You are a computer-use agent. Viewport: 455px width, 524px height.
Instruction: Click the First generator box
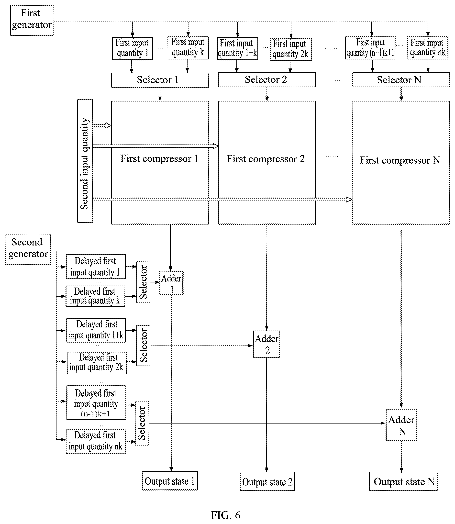[32, 20]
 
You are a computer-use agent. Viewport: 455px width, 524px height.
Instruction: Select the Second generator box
[28, 249]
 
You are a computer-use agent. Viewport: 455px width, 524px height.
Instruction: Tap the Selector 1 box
[160, 80]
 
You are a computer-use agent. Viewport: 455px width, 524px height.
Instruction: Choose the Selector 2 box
[266, 80]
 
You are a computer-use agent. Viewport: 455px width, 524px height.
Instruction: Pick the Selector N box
[401, 80]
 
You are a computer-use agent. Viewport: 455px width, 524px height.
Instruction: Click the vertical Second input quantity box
[85, 161]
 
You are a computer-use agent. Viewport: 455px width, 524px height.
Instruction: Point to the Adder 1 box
[171, 283]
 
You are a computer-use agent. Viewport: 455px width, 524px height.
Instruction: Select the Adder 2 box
[266, 344]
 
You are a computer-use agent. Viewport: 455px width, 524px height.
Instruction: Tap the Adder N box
[401, 425]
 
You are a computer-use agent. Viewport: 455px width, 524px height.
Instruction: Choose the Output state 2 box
[267, 481]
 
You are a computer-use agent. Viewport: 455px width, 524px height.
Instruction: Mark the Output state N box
[403, 481]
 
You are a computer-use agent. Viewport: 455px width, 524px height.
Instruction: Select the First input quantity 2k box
[291, 49]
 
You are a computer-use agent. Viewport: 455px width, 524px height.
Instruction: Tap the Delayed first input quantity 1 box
[96, 267]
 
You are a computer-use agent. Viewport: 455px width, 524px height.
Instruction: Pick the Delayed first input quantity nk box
[96, 442]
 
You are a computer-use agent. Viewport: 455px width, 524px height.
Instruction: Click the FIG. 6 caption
[225, 515]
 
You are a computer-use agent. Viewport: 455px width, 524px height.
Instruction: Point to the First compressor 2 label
[266, 159]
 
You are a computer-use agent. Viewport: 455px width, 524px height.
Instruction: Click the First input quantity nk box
[428, 48]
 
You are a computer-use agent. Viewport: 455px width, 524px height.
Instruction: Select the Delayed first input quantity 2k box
[97, 363]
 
